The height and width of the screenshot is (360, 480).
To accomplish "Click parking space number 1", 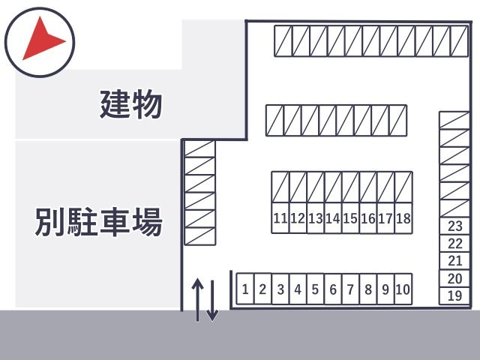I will (x=245, y=289).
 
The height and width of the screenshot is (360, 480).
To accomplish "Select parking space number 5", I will (x=316, y=289).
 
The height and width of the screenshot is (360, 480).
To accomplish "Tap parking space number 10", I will (x=403, y=289).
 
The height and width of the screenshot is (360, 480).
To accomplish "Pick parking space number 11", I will (x=280, y=218).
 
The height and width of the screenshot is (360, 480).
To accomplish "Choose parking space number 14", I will (x=333, y=218).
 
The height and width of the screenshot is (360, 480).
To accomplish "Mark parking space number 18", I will (x=403, y=218).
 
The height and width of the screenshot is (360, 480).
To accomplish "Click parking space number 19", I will (x=454, y=295).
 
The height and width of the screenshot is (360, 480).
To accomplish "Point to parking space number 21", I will (x=454, y=261).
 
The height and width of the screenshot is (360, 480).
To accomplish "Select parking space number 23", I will (x=454, y=226).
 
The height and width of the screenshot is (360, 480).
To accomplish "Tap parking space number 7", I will (x=350, y=289).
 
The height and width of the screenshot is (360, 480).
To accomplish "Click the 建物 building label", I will (x=131, y=104).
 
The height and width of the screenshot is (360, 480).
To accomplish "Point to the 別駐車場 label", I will (x=98, y=223).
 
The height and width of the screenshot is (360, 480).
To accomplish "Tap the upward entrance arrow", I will (x=198, y=298).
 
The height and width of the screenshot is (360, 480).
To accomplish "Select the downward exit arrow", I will (x=212, y=300).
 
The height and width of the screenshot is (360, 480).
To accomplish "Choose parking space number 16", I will (x=367, y=218).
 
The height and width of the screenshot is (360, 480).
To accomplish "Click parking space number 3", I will (x=280, y=289).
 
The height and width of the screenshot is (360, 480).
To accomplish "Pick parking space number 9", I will (x=385, y=289).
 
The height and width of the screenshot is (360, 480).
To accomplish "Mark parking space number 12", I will (x=298, y=218).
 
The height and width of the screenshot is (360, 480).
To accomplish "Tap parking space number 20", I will (x=454, y=278).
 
